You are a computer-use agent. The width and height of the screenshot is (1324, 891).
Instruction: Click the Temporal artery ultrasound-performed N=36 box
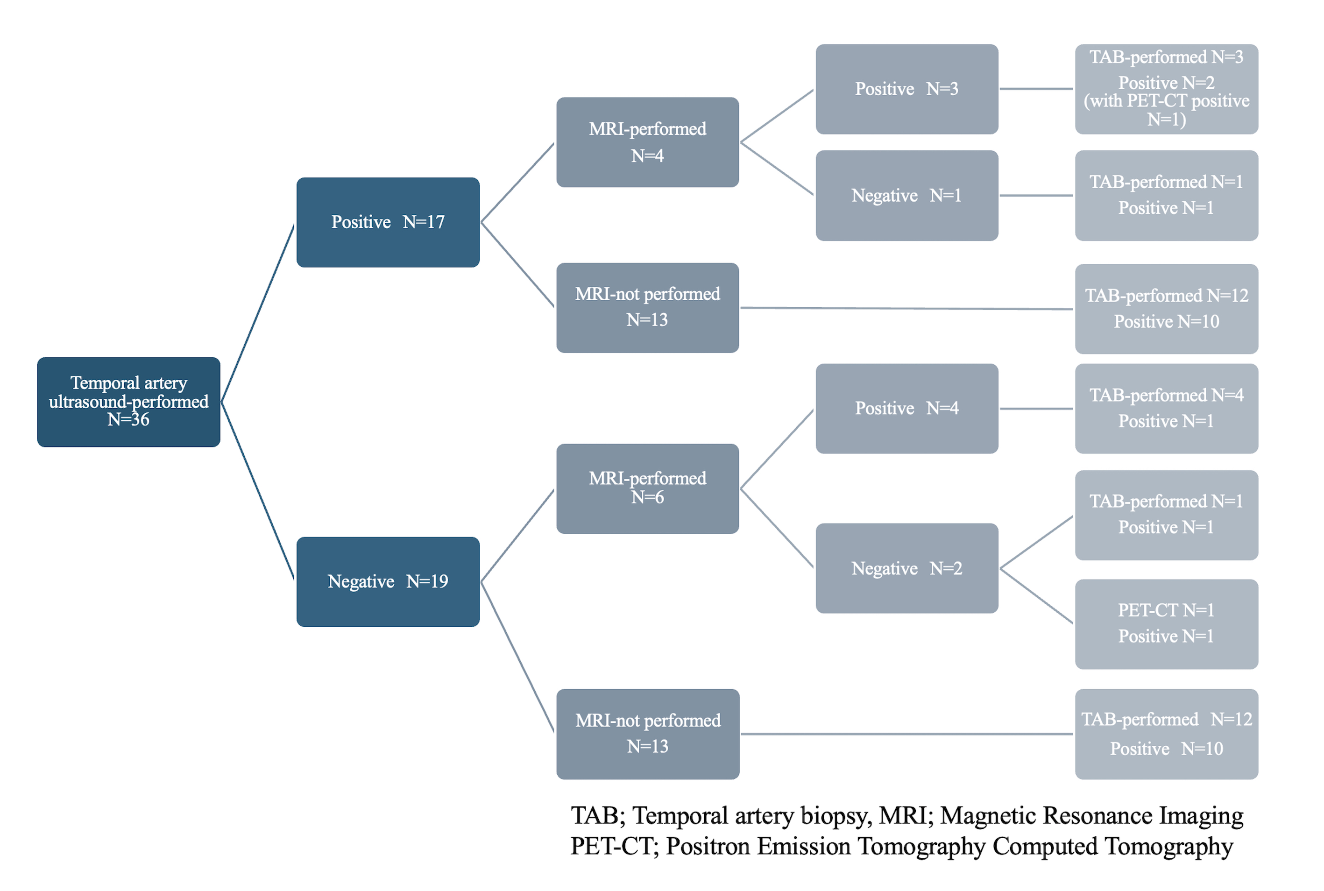click(x=128, y=402)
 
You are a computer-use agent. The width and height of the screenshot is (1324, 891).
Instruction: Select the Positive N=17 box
click(x=388, y=222)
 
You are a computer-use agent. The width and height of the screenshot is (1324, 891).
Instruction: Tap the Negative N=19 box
click(x=388, y=581)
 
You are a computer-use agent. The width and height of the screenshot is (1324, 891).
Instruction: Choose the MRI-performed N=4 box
click(x=647, y=142)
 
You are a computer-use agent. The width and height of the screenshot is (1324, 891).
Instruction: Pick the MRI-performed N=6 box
click(x=647, y=488)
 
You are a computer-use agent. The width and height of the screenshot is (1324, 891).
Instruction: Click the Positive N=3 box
click(x=906, y=89)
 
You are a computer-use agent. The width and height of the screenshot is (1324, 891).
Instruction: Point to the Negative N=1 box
click(x=906, y=196)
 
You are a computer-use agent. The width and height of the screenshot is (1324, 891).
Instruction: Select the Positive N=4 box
click(x=906, y=408)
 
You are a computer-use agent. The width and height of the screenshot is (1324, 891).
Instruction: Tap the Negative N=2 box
click(x=906, y=568)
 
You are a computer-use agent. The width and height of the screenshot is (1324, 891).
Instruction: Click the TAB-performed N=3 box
click(x=1166, y=89)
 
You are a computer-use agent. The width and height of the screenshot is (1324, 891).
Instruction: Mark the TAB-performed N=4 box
click(x=1166, y=408)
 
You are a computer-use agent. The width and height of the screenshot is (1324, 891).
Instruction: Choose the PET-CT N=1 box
click(x=1166, y=623)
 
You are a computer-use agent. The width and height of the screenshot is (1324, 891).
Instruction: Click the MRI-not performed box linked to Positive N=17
click(x=647, y=307)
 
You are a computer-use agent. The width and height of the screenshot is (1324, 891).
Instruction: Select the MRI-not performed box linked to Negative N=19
click(x=647, y=734)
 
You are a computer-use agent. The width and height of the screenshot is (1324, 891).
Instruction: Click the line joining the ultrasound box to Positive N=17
click(x=258, y=312)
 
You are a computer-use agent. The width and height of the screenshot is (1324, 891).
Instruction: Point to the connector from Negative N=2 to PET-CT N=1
click(x=1036, y=595)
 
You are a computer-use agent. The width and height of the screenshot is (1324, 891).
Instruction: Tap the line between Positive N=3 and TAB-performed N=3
click(x=1036, y=89)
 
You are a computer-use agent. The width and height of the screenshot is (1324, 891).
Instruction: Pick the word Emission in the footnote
click(x=803, y=846)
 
